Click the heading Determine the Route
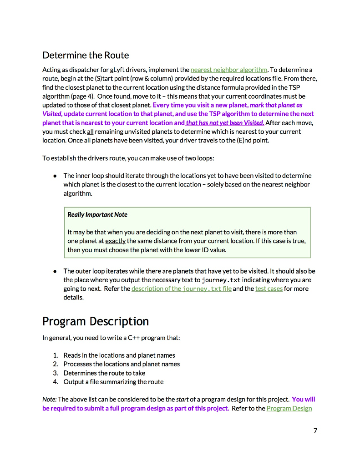pos(86,56)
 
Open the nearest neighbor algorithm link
pos(228,70)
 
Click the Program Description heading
pos(96,322)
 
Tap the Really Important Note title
pos(97,215)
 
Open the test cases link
pos(269,289)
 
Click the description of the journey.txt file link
pos(181,289)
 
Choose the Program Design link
pos(289,408)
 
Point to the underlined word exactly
pos(115,241)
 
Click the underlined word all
pos(90,132)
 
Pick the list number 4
pos(55,382)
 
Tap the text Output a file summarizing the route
pos(113,382)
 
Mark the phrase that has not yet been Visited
pos(225,123)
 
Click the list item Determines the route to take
pos(104,373)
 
